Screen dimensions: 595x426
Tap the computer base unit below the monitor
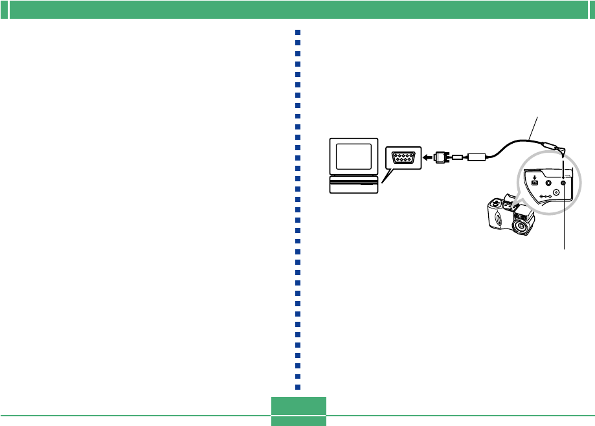coord(354,186)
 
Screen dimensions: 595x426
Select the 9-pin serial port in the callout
coord(403,157)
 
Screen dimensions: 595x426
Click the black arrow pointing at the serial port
coord(428,157)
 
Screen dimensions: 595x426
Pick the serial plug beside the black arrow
coord(442,157)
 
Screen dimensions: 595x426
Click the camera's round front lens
coord(520,227)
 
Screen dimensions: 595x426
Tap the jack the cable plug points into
coord(563,183)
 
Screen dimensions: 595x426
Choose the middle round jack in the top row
coord(548,183)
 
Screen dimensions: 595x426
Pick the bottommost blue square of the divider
coord(298,387)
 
